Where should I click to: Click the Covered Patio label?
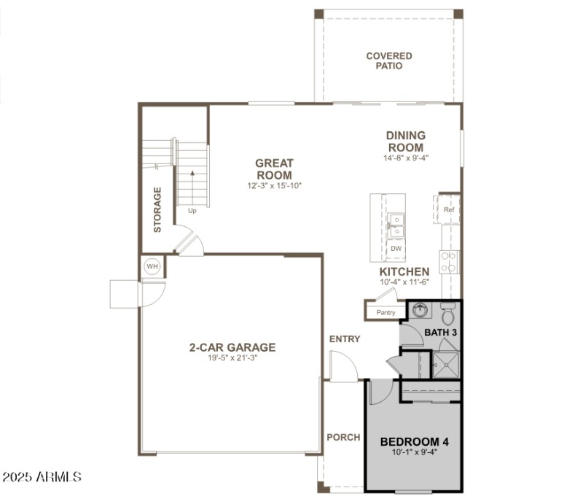[x=388, y=61]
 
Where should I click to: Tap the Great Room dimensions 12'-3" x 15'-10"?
[x=274, y=186]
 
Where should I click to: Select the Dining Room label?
[x=406, y=141]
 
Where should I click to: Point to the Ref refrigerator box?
[x=449, y=209]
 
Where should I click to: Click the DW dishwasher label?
[x=396, y=249]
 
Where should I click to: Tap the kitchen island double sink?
[x=396, y=225]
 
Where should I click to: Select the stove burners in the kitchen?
[x=450, y=261]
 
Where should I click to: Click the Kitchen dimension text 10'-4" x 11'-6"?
[x=404, y=282]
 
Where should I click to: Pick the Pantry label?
[x=386, y=313]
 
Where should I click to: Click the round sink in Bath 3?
[x=419, y=311]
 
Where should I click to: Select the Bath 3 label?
[x=440, y=333]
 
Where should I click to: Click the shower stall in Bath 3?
[x=445, y=363]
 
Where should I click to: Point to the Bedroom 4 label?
[x=415, y=441]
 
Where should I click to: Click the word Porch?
[x=343, y=437]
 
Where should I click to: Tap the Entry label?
[x=345, y=339]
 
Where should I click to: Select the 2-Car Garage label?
[x=232, y=347]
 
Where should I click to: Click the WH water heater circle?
[x=152, y=266]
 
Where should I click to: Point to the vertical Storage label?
[x=157, y=209]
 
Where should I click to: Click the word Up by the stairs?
[x=192, y=211]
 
